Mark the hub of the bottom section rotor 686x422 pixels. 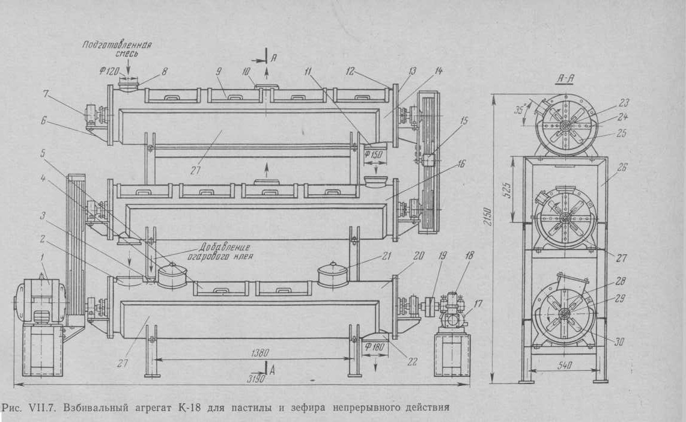565,314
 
